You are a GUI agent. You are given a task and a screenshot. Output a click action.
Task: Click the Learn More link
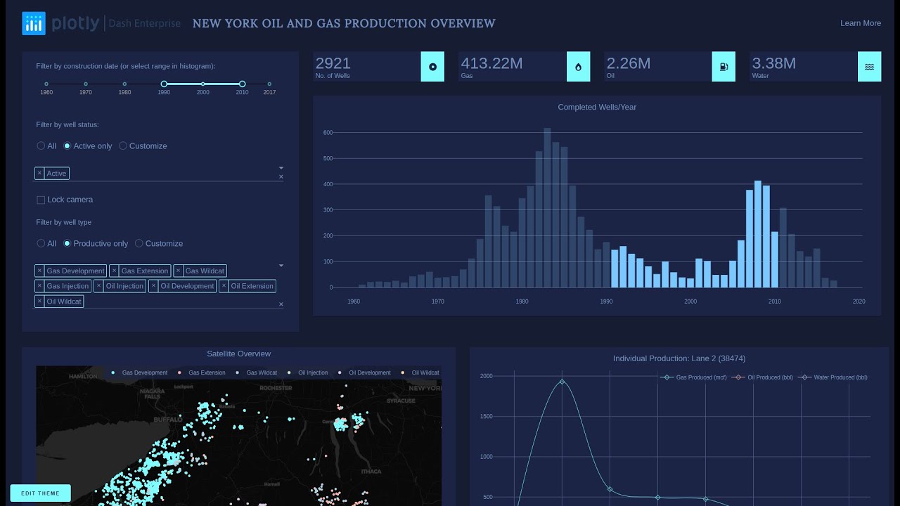(x=860, y=23)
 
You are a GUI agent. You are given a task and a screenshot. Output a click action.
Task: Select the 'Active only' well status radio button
(x=67, y=146)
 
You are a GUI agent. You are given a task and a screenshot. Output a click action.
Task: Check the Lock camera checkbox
(x=41, y=200)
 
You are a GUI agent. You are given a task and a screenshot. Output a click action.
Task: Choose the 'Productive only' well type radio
(x=67, y=244)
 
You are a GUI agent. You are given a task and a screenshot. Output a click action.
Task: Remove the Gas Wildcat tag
(x=178, y=271)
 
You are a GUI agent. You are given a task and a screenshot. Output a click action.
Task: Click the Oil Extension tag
(x=252, y=286)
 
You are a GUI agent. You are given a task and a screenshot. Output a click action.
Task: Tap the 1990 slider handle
(x=164, y=84)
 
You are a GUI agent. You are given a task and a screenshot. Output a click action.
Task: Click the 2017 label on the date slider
(x=269, y=92)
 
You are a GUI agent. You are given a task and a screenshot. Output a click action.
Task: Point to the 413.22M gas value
(x=491, y=64)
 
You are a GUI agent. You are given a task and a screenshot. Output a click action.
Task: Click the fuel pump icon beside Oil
(x=724, y=67)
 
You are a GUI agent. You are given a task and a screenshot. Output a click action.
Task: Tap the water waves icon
(x=869, y=67)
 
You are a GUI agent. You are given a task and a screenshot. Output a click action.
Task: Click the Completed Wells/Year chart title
(x=597, y=108)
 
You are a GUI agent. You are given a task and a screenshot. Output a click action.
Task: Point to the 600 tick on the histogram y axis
(x=328, y=133)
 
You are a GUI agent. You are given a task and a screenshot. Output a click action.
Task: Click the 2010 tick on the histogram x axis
(x=774, y=301)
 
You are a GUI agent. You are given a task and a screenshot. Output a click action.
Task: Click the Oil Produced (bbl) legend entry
(x=766, y=377)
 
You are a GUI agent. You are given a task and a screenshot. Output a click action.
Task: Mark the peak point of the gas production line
(x=562, y=382)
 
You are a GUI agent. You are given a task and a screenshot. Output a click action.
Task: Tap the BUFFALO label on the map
(x=168, y=419)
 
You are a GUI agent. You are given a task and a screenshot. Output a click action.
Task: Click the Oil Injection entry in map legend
(x=312, y=373)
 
